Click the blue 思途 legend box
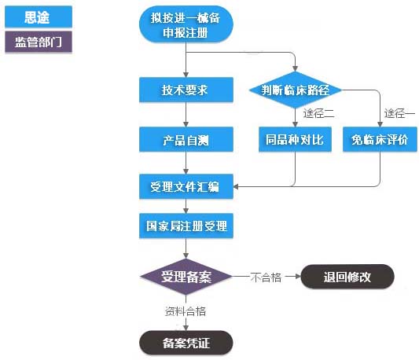tap(38, 17)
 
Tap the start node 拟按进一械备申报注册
tap(187, 25)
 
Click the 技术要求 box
tap(186, 90)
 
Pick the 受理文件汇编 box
tap(186, 187)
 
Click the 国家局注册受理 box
tap(186, 226)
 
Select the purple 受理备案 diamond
tap(186, 277)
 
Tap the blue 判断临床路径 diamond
tap(296, 90)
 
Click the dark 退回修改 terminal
tap(347, 277)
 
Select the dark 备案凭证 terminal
tap(186, 343)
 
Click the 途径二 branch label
tap(318, 114)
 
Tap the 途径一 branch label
tap(399, 114)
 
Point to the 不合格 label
tap(266, 277)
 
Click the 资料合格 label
tap(186, 310)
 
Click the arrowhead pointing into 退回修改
tap(297, 277)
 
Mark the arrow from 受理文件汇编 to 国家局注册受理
tap(186, 206)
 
